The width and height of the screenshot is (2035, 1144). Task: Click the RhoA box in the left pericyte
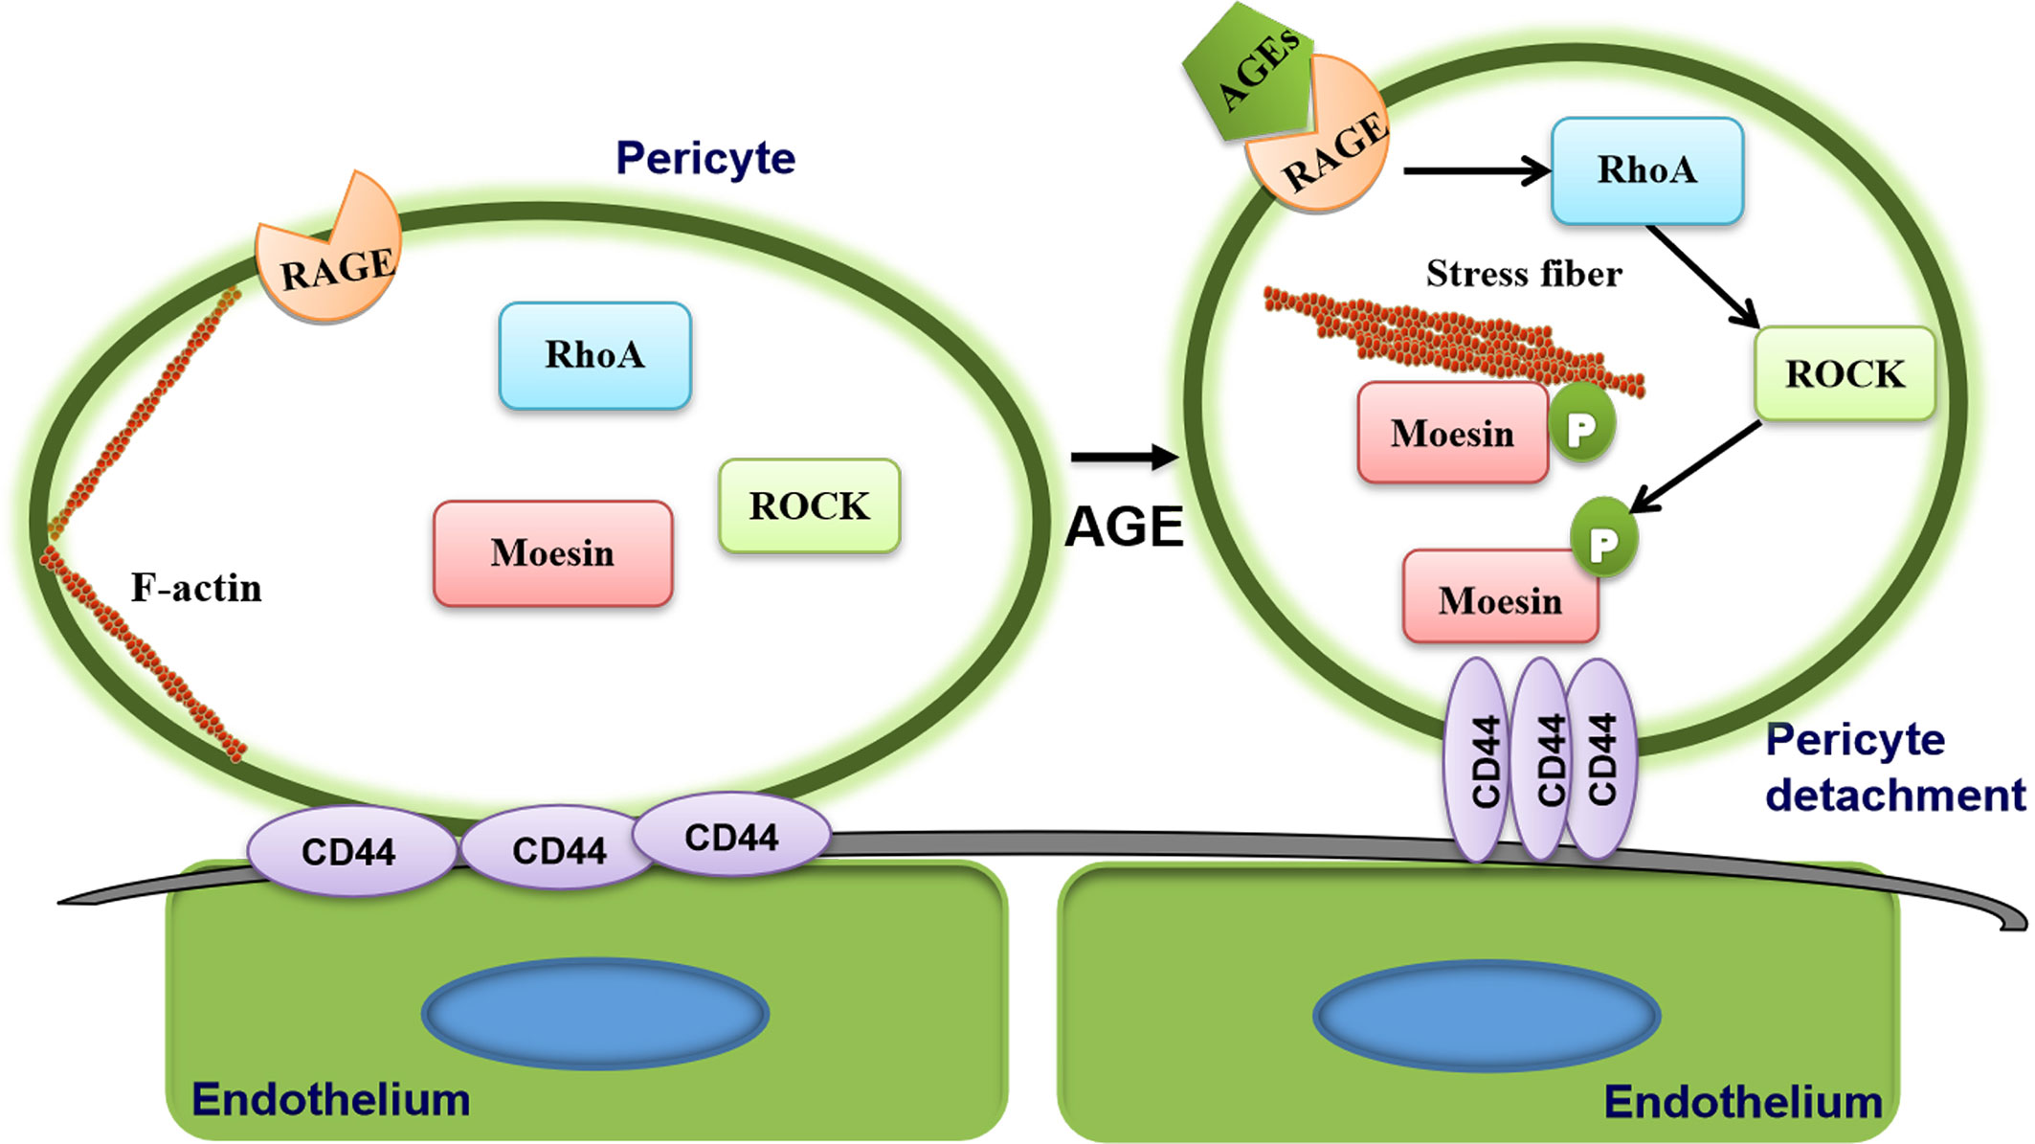[594, 355]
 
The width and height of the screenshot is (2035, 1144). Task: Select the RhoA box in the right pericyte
[1646, 170]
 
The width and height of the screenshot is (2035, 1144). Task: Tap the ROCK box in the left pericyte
[809, 505]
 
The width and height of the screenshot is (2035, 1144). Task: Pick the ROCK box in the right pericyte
[1845, 373]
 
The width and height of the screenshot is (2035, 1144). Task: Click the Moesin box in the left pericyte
[552, 553]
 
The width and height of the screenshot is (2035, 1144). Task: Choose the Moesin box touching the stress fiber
[1452, 434]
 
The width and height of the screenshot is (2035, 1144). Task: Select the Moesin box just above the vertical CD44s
[1500, 600]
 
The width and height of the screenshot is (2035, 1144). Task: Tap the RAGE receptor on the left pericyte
[330, 258]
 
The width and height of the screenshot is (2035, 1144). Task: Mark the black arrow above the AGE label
[1124, 458]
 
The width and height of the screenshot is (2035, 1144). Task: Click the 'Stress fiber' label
[1524, 274]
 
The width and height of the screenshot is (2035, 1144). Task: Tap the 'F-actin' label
[196, 588]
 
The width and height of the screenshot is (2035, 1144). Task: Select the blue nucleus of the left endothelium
[594, 1013]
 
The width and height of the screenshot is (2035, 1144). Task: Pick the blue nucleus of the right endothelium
[1486, 1015]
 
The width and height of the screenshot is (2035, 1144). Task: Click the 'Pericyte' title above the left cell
[705, 158]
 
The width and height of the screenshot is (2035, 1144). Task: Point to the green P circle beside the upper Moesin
[1581, 427]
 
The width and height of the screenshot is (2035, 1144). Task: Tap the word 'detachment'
[1895, 796]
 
